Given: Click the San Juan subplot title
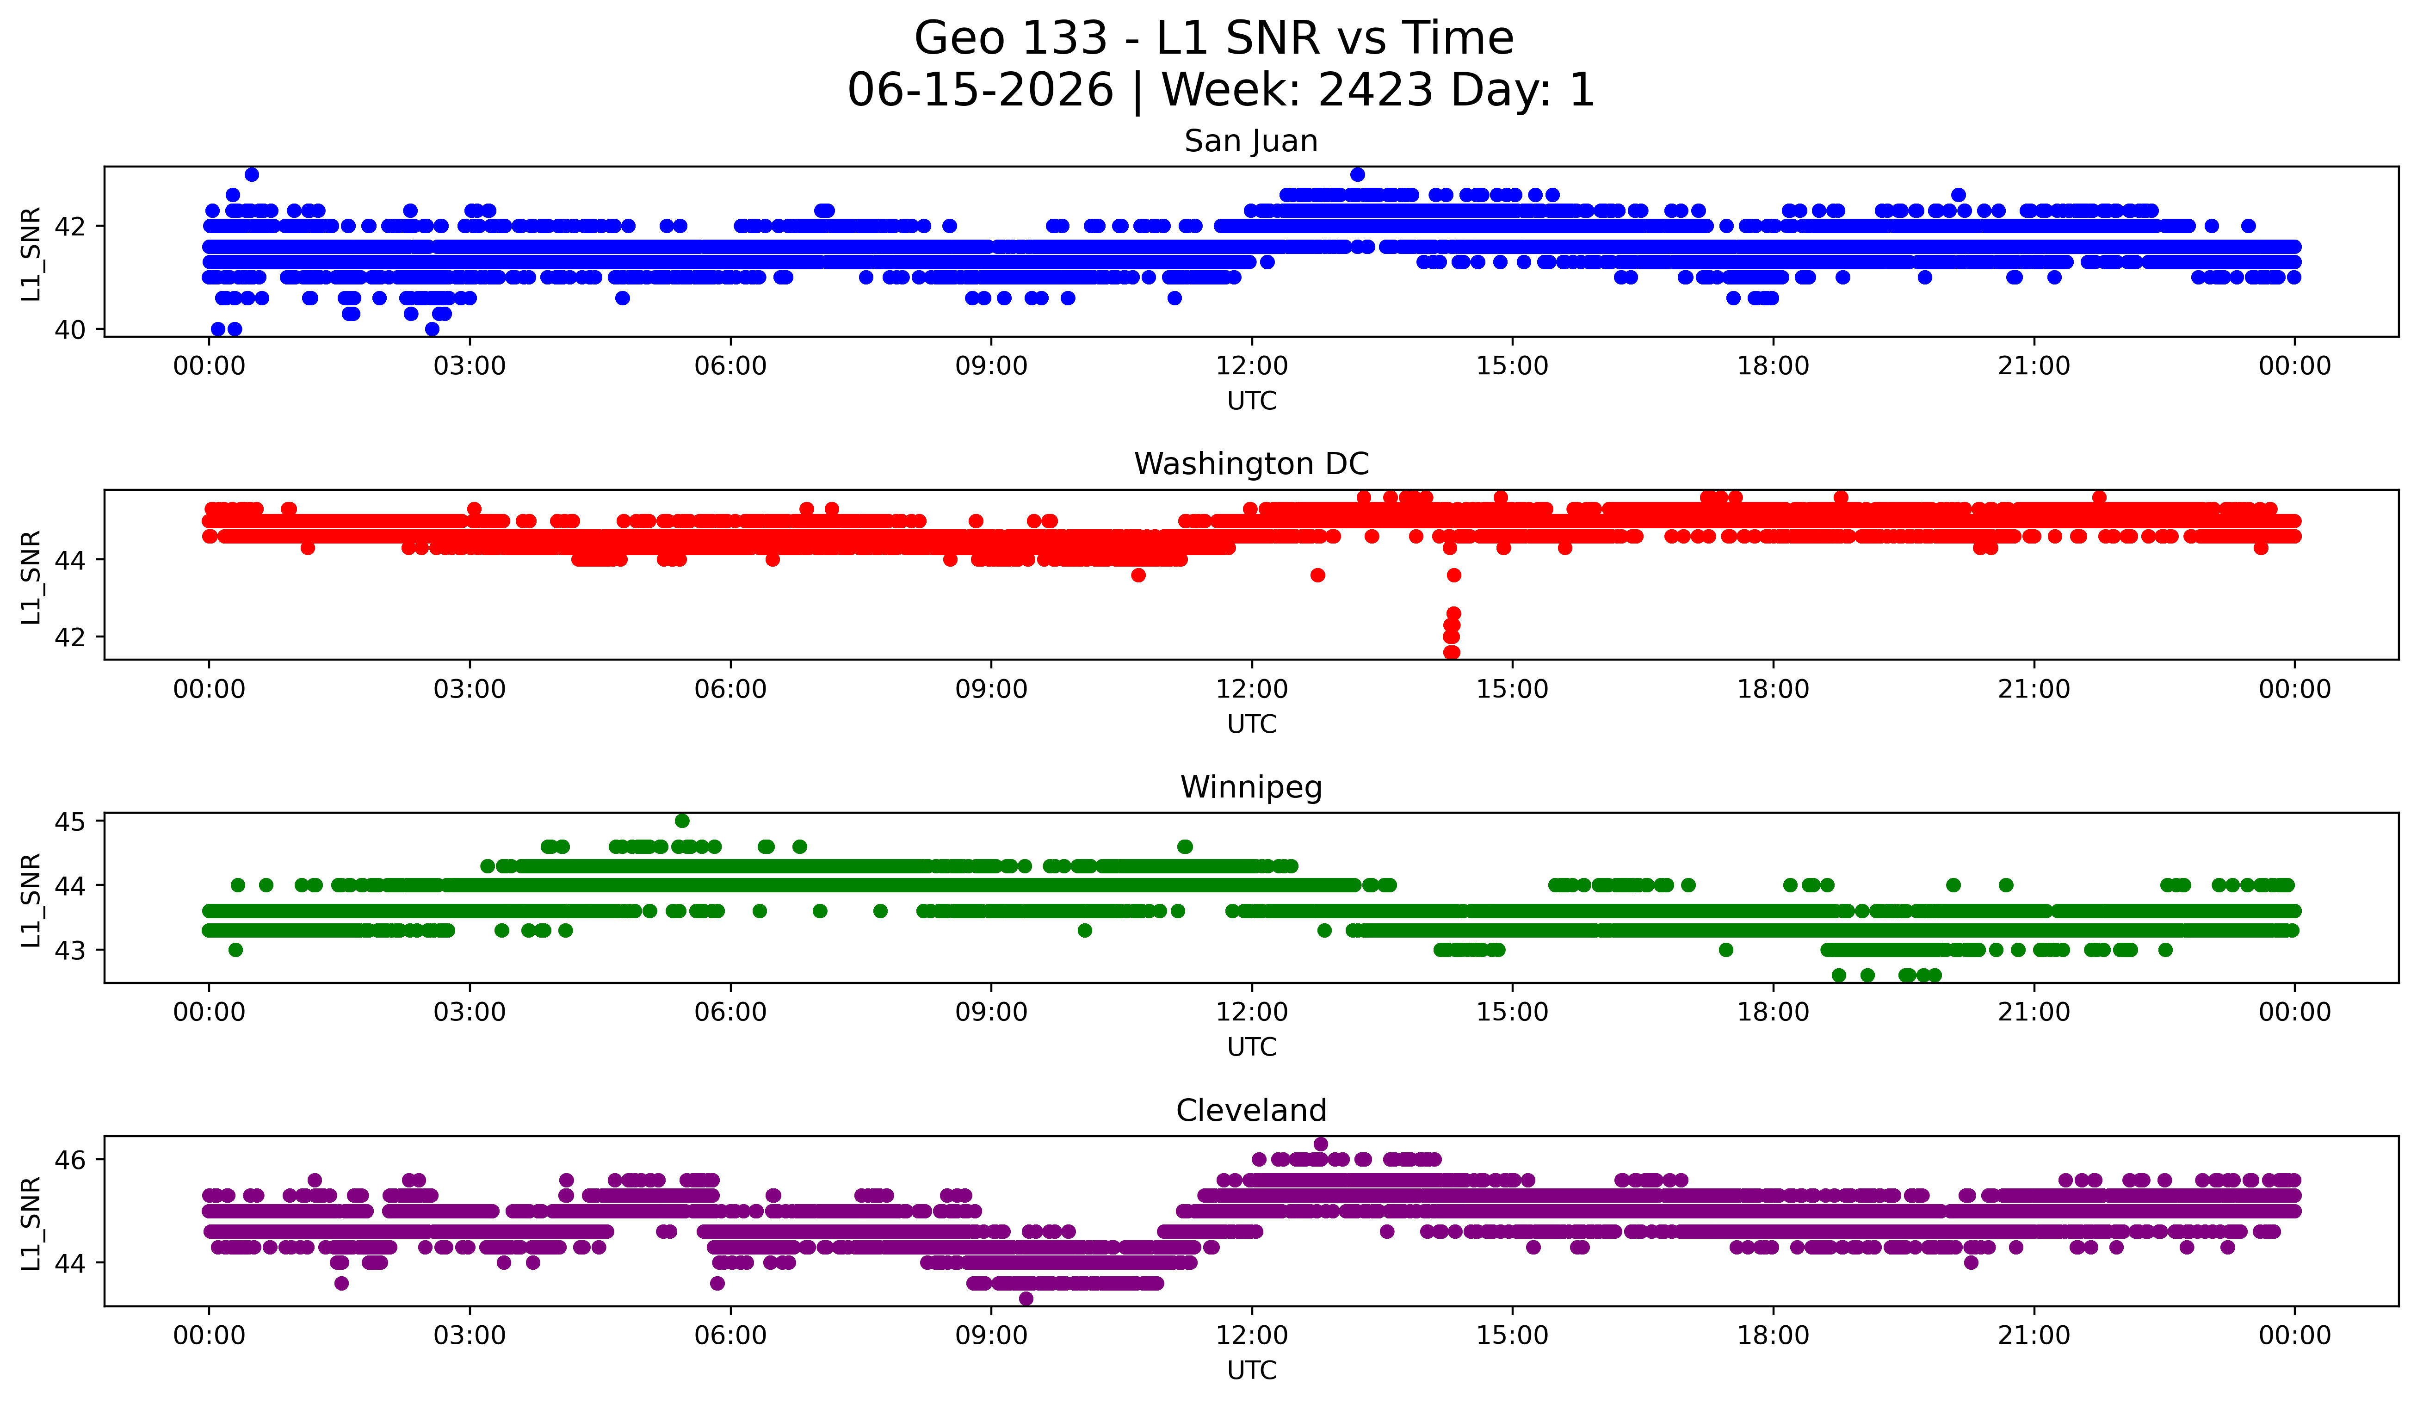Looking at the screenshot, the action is [x=1251, y=141].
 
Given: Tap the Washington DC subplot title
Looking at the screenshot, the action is [x=1251, y=464].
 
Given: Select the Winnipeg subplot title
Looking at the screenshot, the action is [x=1251, y=787].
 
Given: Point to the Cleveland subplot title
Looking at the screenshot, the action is [x=1251, y=1111].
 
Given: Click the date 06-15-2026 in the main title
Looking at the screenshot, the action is [x=980, y=90].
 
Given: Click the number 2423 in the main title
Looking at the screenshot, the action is [x=1375, y=90].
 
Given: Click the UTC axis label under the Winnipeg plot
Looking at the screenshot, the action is [x=1252, y=1047].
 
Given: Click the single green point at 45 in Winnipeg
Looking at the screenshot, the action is [x=682, y=821].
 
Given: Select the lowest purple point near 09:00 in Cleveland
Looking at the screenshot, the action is [x=1025, y=1298].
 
